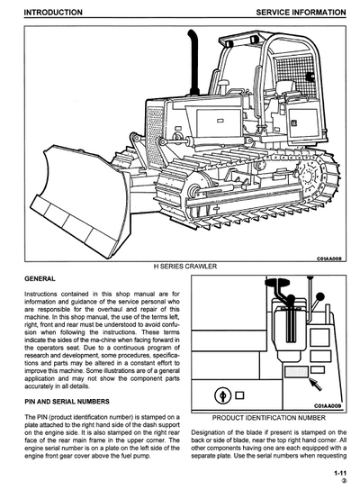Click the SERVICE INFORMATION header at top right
click(x=301, y=13)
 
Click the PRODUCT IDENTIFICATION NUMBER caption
click(x=269, y=419)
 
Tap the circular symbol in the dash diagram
click(x=222, y=396)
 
